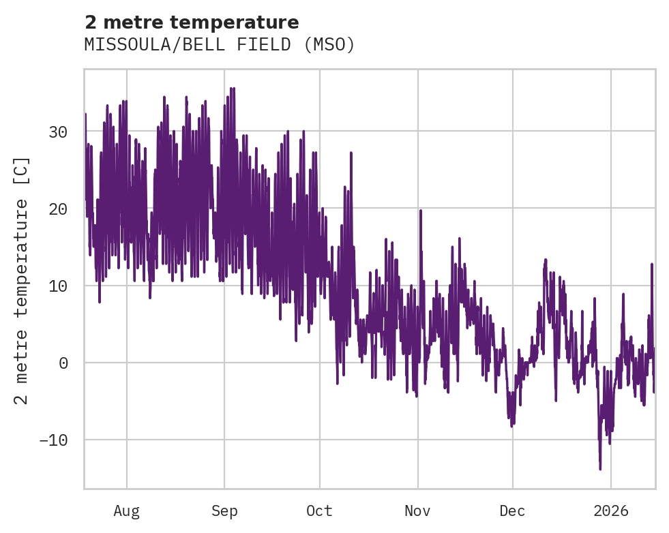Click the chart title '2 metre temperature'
(x=192, y=22)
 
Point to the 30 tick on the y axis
(x=59, y=132)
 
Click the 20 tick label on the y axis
(x=59, y=209)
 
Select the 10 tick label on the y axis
(x=59, y=286)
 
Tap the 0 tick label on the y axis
(x=63, y=363)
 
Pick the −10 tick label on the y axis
(x=54, y=440)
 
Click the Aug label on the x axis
(x=126, y=511)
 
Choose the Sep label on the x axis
(x=224, y=511)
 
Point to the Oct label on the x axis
(x=319, y=511)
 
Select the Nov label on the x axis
(x=417, y=511)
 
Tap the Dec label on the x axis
(x=512, y=511)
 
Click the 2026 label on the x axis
(x=611, y=511)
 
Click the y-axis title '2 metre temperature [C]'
(x=23, y=280)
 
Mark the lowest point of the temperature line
(x=600, y=469)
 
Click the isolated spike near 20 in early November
(x=421, y=211)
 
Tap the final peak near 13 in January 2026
(x=652, y=264)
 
